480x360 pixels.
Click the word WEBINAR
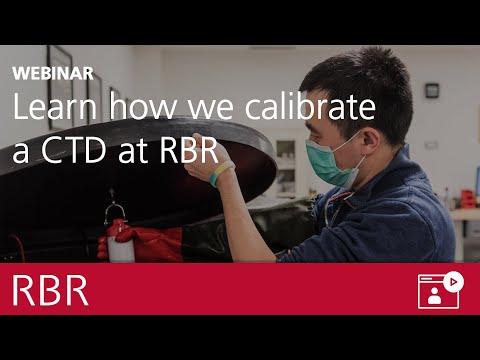(x=53, y=73)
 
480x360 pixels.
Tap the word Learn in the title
(x=55, y=106)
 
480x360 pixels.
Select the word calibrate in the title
(x=310, y=106)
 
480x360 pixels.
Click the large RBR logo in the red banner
(x=50, y=291)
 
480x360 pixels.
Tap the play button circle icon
(x=453, y=282)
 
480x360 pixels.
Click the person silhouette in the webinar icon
(x=434, y=295)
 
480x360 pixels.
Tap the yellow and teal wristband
(x=220, y=173)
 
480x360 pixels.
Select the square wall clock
(x=432, y=90)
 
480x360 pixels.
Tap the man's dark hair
(x=363, y=87)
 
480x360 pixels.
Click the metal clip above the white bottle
(x=114, y=209)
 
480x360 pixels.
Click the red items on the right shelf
(x=467, y=199)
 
